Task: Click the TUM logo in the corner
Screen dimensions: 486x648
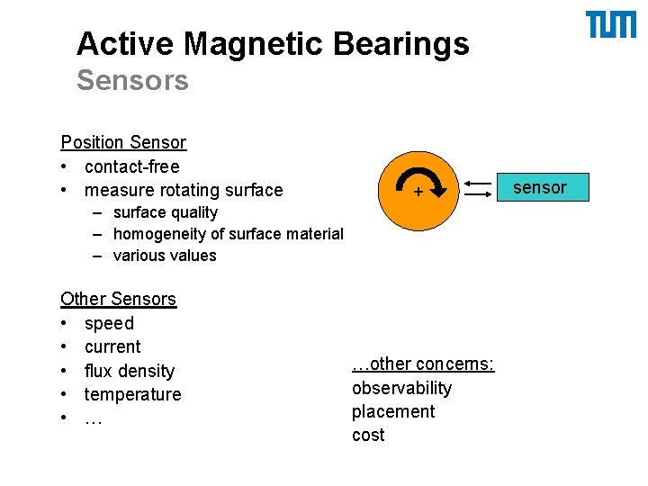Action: pyautogui.click(x=610, y=25)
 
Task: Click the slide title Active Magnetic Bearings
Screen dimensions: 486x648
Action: pyautogui.click(x=273, y=43)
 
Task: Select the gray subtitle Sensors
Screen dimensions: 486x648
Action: pyautogui.click(x=132, y=81)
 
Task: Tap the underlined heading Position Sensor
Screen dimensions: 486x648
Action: pyautogui.click(x=123, y=142)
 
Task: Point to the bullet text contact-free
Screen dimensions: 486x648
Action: pyautogui.click(x=131, y=166)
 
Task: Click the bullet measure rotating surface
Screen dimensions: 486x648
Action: pyautogui.click(x=184, y=190)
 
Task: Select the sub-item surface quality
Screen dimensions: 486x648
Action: pyautogui.click(x=166, y=212)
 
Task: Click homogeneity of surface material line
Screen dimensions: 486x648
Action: pyautogui.click(x=228, y=234)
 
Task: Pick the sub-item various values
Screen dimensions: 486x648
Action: pyautogui.click(x=165, y=256)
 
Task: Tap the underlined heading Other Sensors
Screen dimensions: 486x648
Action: pyautogui.click(x=118, y=299)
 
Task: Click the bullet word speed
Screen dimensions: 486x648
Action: pyautogui.click(x=109, y=323)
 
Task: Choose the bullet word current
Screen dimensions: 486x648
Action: pyautogui.click(x=112, y=346)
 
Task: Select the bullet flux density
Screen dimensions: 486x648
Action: pyautogui.click(x=130, y=371)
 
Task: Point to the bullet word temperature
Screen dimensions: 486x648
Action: pyautogui.click(x=132, y=394)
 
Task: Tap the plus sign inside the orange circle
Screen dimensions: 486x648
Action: pyautogui.click(x=418, y=193)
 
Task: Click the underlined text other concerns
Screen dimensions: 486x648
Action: pyautogui.click(x=423, y=364)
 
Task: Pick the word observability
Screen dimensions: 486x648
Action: pyautogui.click(x=401, y=388)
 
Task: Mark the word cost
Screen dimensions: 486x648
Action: pyautogui.click(x=368, y=435)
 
